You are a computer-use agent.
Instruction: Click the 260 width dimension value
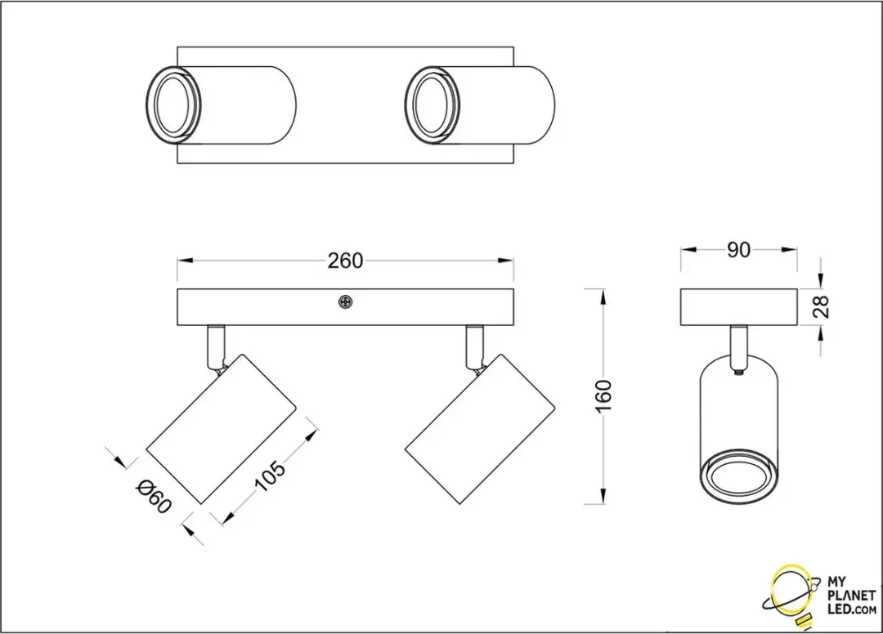click(345, 261)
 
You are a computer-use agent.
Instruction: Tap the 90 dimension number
click(738, 250)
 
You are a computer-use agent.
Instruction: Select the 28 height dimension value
click(823, 306)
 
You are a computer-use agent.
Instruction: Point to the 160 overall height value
click(603, 396)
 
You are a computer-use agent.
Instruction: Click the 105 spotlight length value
click(271, 476)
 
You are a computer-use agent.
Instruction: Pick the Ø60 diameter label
click(153, 496)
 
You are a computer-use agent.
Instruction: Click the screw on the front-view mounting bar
click(345, 302)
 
